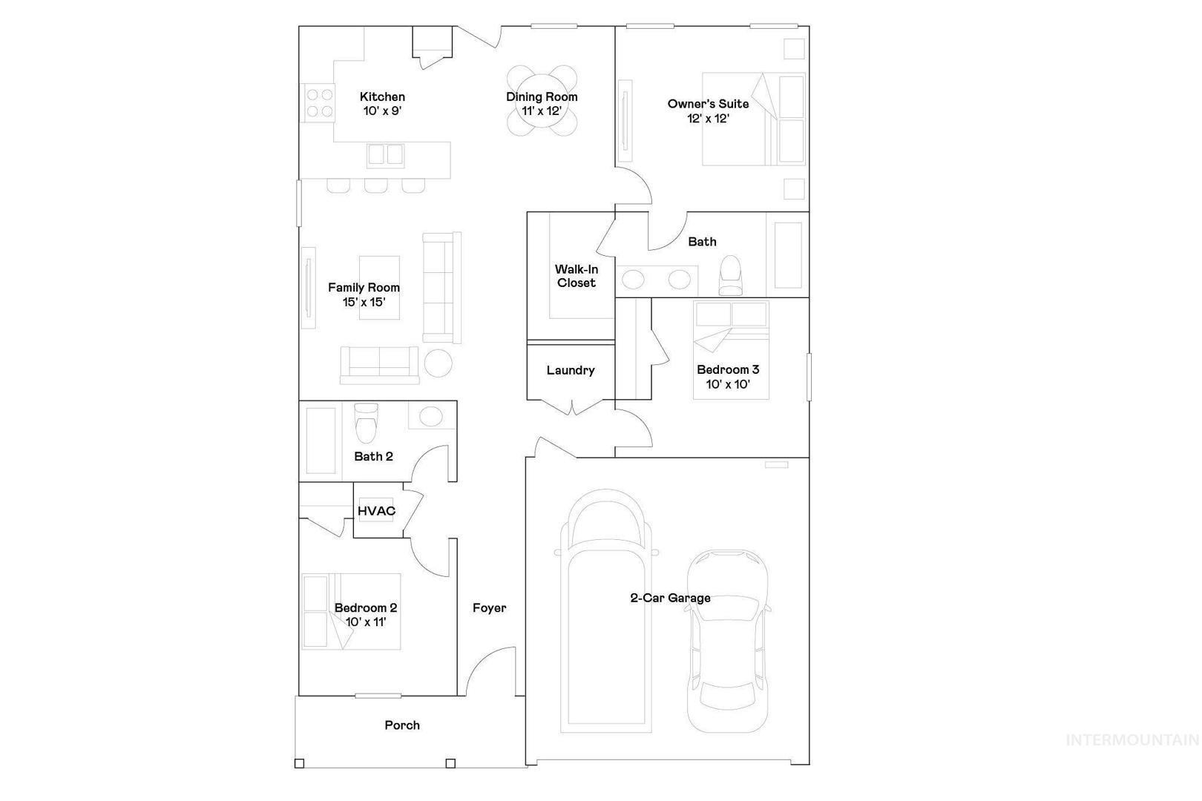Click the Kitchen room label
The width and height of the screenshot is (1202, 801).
pyautogui.click(x=382, y=97)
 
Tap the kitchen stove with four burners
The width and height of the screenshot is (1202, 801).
pyautogui.click(x=319, y=103)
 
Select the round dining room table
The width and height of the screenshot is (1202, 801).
pyautogui.click(x=542, y=101)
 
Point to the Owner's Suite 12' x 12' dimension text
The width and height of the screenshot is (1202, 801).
pyautogui.click(x=708, y=119)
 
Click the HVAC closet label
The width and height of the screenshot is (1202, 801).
pyautogui.click(x=377, y=511)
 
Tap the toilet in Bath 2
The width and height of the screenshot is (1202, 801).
pyautogui.click(x=367, y=423)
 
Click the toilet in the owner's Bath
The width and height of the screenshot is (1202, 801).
pyautogui.click(x=730, y=275)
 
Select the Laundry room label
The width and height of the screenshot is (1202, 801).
pyautogui.click(x=571, y=370)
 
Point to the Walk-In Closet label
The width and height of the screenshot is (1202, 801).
pyautogui.click(x=577, y=276)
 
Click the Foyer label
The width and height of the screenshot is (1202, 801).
pyautogui.click(x=490, y=608)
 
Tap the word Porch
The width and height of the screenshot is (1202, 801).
pyautogui.click(x=402, y=725)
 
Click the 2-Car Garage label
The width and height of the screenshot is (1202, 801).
pyautogui.click(x=670, y=598)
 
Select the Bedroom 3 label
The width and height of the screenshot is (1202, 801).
pyautogui.click(x=728, y=369)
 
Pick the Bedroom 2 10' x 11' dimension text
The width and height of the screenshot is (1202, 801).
pyautogui.click(x=366, y=622)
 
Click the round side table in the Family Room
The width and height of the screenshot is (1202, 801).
pyautogui.click(x=438, y=363)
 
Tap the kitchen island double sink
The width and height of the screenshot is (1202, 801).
pyautogui.click(x=385, y=155)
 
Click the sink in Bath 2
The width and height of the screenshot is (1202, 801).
pyautogui.click(x=431, y=416)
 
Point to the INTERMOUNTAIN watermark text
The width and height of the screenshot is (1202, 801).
pyautogui.click(x=1132, y=740)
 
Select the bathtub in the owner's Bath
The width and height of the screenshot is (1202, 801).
pyautogui.click(x=788, y=255)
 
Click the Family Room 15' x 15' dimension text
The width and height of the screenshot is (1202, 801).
pyautogui.click(x=364, y=302)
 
